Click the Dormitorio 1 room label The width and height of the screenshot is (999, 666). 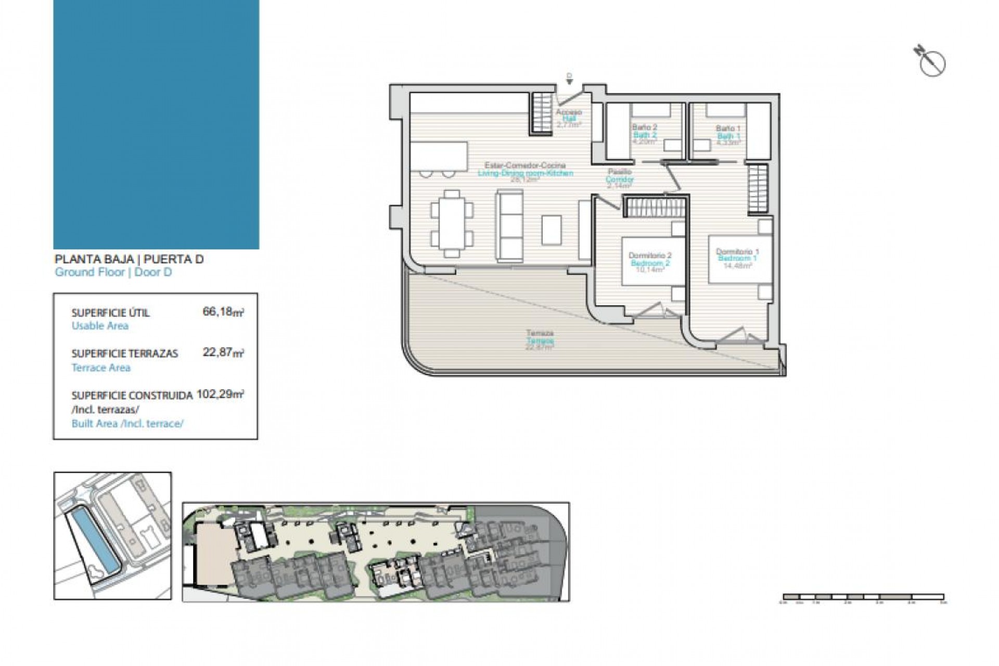coord(737,252)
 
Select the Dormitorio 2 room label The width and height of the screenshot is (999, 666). coord(650,255)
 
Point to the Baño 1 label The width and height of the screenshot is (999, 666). coord(728,129)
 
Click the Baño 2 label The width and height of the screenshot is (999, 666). coord(645,127)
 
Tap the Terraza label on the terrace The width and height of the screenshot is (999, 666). coord(540,333)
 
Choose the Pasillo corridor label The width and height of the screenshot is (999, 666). coord(620,172)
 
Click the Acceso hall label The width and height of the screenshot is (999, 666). coord(569,112)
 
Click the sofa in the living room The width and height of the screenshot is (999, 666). coord(509,225)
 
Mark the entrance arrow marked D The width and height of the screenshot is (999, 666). coord(569,79)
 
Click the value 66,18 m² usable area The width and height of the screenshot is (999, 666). coord(223,312)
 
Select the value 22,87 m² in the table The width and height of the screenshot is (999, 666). coord(223,353)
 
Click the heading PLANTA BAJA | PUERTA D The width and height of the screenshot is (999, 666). coord(129,259)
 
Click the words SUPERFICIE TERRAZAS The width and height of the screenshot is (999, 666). coord(125,354)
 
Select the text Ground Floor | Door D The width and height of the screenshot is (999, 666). coord(113,272)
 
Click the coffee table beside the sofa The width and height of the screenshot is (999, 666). coord(551,230)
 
